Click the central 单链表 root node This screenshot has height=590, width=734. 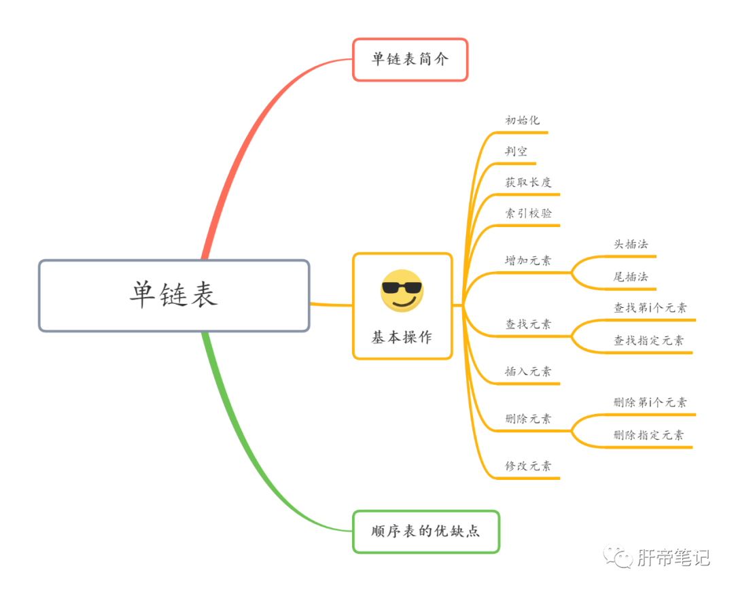coord(174,295)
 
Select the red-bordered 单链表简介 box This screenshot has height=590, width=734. coord(410,59)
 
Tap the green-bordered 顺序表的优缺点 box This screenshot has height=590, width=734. coord(425,531)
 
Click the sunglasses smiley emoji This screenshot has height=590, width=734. coord(402,291)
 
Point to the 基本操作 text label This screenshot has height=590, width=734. coord(402,337)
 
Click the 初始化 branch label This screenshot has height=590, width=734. coord(522,120)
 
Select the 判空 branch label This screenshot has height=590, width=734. coord(516,152)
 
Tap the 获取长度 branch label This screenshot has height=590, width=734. coord(528,182)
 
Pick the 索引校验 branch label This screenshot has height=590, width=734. coord(528,213)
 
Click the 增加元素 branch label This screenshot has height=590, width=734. coord(528,260)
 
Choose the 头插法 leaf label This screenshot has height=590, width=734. coord(631,245)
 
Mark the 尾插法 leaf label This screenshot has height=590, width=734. coord(631,277)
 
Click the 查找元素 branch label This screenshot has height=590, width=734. coord(528,324)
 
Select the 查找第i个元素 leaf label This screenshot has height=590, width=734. coord(650,308)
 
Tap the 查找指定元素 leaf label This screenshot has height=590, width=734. coord(649,341)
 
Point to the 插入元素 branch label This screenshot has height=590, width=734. coord(528,372)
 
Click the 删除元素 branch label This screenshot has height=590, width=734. coord(528,419)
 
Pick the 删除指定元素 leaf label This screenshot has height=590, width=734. coord(649,435)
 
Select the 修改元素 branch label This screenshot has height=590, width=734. coord(528,466)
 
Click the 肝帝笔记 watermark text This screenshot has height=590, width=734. coord(673,558)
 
